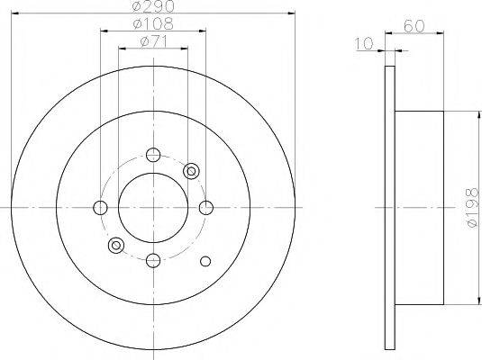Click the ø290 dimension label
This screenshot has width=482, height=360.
[153, 6]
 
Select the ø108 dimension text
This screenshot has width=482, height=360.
[153, 23]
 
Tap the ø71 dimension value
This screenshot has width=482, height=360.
[153, 41]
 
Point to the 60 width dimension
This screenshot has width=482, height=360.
[414, 26]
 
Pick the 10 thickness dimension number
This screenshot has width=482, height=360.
[364, 43]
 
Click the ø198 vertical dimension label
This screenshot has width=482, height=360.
[473, 208]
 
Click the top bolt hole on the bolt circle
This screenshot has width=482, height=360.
[153, 155]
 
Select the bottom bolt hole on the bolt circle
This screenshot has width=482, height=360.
[153, 260]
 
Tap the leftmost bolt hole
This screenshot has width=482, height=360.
[100, 208]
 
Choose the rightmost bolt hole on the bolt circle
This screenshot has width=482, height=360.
[206, 208]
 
